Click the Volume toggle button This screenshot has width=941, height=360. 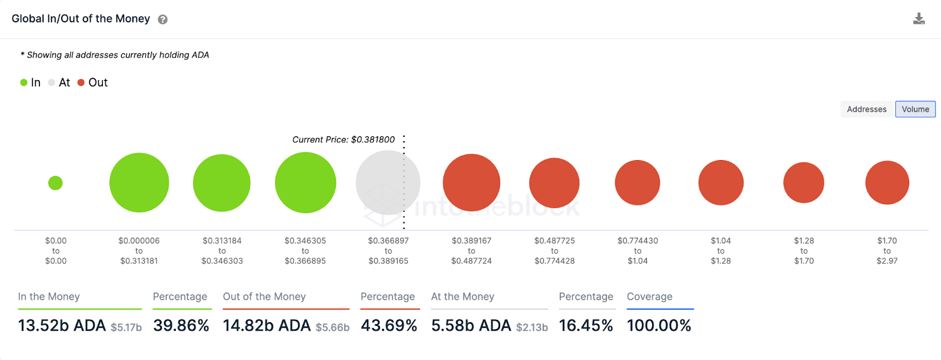915,109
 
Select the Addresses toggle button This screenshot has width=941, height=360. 866,109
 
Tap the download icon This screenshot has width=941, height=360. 919,19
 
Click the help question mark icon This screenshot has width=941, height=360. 163,19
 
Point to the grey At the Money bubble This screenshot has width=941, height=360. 388,182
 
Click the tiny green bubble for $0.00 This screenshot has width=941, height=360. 55,183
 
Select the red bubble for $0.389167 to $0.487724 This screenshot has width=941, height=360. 471,182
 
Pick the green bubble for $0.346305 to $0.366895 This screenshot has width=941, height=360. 305,182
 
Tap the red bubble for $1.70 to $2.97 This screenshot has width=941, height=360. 887,182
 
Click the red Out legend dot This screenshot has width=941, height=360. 81,82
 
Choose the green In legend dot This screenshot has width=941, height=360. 24,82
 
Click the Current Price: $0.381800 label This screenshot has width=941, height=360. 343,139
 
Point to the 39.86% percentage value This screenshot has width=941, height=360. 181,325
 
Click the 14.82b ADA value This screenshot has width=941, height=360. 266,325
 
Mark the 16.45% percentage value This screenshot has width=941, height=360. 586,325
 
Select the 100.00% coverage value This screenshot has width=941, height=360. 659,325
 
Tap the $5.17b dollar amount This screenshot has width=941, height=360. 126,327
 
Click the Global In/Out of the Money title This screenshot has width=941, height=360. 81,19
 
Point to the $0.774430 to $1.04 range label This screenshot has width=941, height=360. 638,251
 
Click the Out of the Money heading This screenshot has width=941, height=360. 264,296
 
